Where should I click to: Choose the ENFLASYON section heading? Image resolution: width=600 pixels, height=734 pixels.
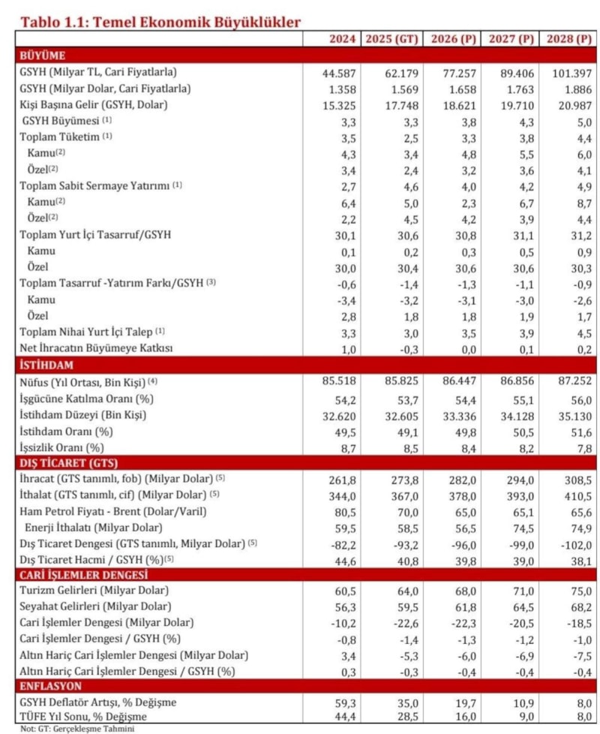51,686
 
